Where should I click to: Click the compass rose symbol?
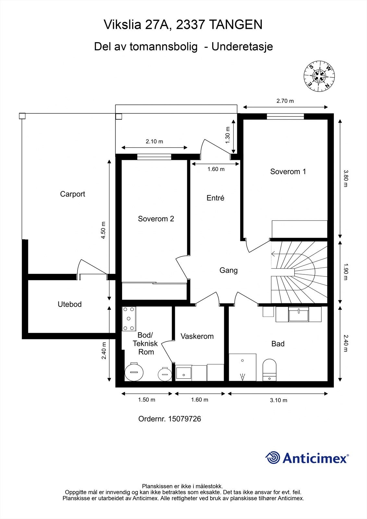tap(319, 76)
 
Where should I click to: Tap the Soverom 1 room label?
tap(288, 172)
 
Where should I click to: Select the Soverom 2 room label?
tap(156, 219)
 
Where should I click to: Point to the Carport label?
tap(73, 194)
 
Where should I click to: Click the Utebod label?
tap(69, 304)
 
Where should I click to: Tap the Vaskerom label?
tap(197, 336)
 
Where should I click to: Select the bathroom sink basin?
tap(299, 314)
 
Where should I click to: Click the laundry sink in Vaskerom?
tap(183, 373)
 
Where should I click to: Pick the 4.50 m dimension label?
tap(104, 230)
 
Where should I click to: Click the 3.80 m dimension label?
tap(346, 178)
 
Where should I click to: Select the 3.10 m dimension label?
tap(278, 400)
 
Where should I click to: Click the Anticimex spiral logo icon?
tap(273, 458)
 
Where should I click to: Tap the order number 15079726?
tap(185, 419)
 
